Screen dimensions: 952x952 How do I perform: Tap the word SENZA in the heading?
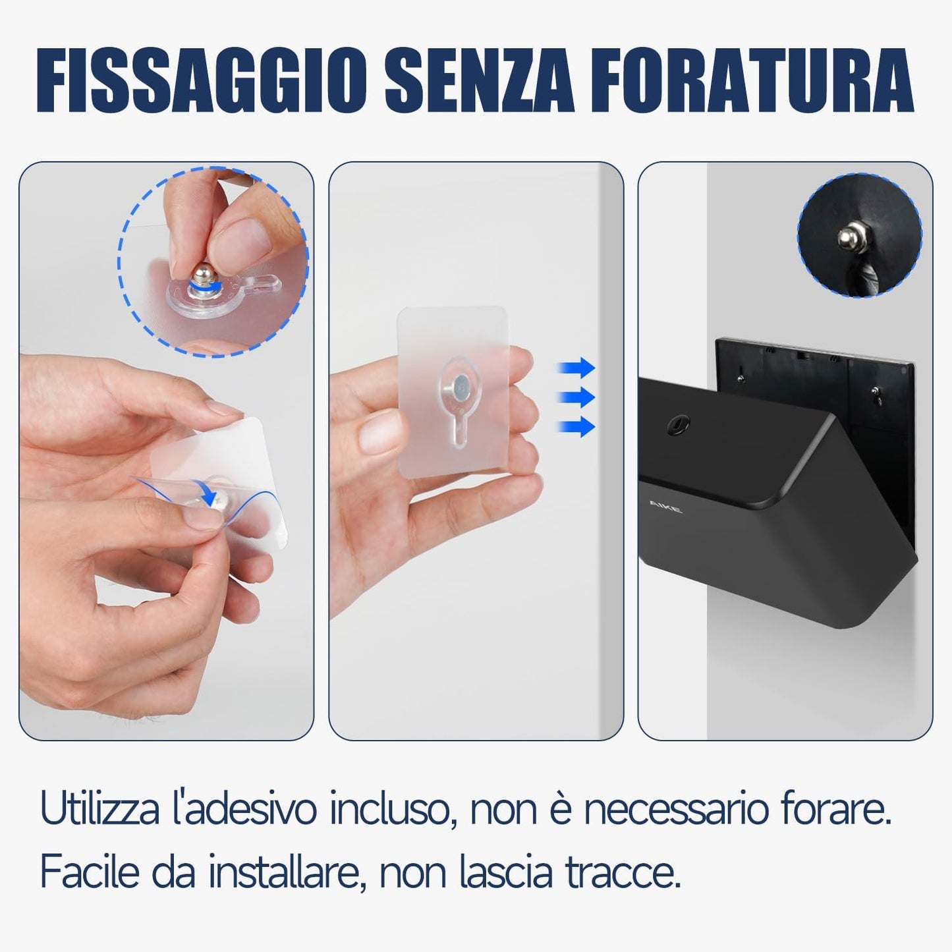[x=479, y=81]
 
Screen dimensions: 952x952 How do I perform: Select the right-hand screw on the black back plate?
[x=875, y=391]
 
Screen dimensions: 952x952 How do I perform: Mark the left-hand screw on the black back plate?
[x=741, y=378]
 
